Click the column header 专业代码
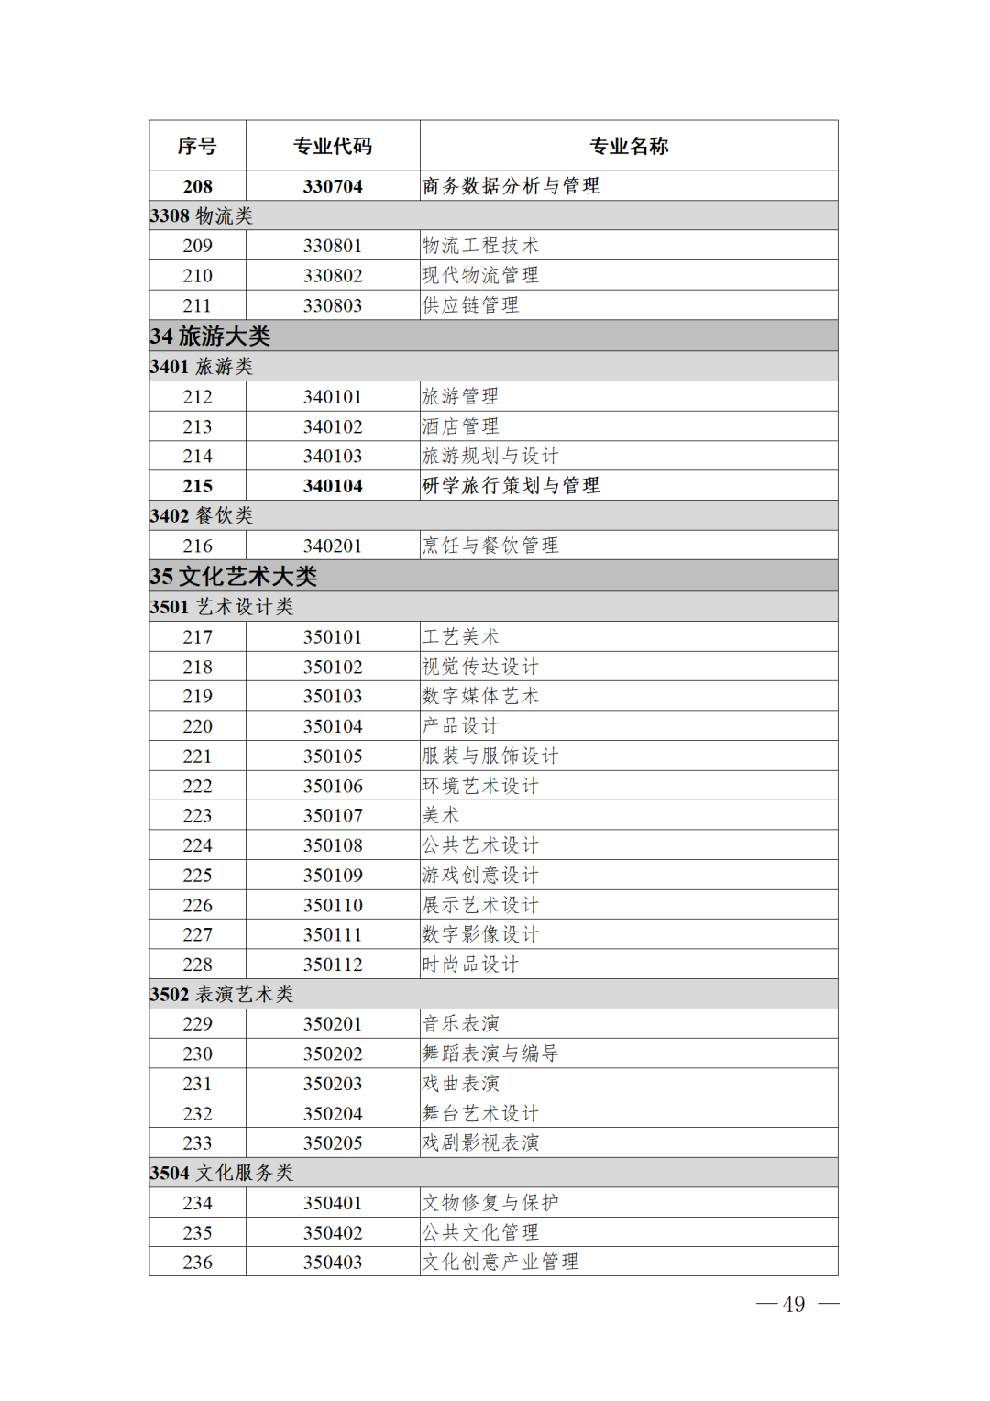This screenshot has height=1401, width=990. point(333,146)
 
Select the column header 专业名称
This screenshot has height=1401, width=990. point(629,146)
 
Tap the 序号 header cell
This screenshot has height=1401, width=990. point(197,146)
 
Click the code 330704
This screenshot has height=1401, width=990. point(333,186)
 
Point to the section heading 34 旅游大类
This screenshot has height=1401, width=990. point(211,336)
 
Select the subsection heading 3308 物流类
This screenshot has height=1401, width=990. point(202,215)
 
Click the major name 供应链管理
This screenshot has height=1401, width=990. point(470,305)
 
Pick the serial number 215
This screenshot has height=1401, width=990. point(197,486)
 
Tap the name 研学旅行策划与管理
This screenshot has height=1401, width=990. point(511,486)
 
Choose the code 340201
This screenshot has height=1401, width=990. point(333,546)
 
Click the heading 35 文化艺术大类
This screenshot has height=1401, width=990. point(234,576)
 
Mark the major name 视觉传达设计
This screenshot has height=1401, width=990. point(480,667)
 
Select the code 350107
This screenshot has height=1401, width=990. point(333,815)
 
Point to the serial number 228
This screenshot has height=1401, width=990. point(197,965)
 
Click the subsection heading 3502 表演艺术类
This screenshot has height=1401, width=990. point(222,994)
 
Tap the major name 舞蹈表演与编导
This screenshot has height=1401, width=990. point(490,1054)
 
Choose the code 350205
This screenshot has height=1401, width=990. point(333,1143)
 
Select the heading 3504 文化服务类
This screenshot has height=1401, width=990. point(222,1173)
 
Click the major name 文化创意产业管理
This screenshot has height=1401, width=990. point(500,1263)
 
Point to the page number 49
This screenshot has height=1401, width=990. point(794,1305)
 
